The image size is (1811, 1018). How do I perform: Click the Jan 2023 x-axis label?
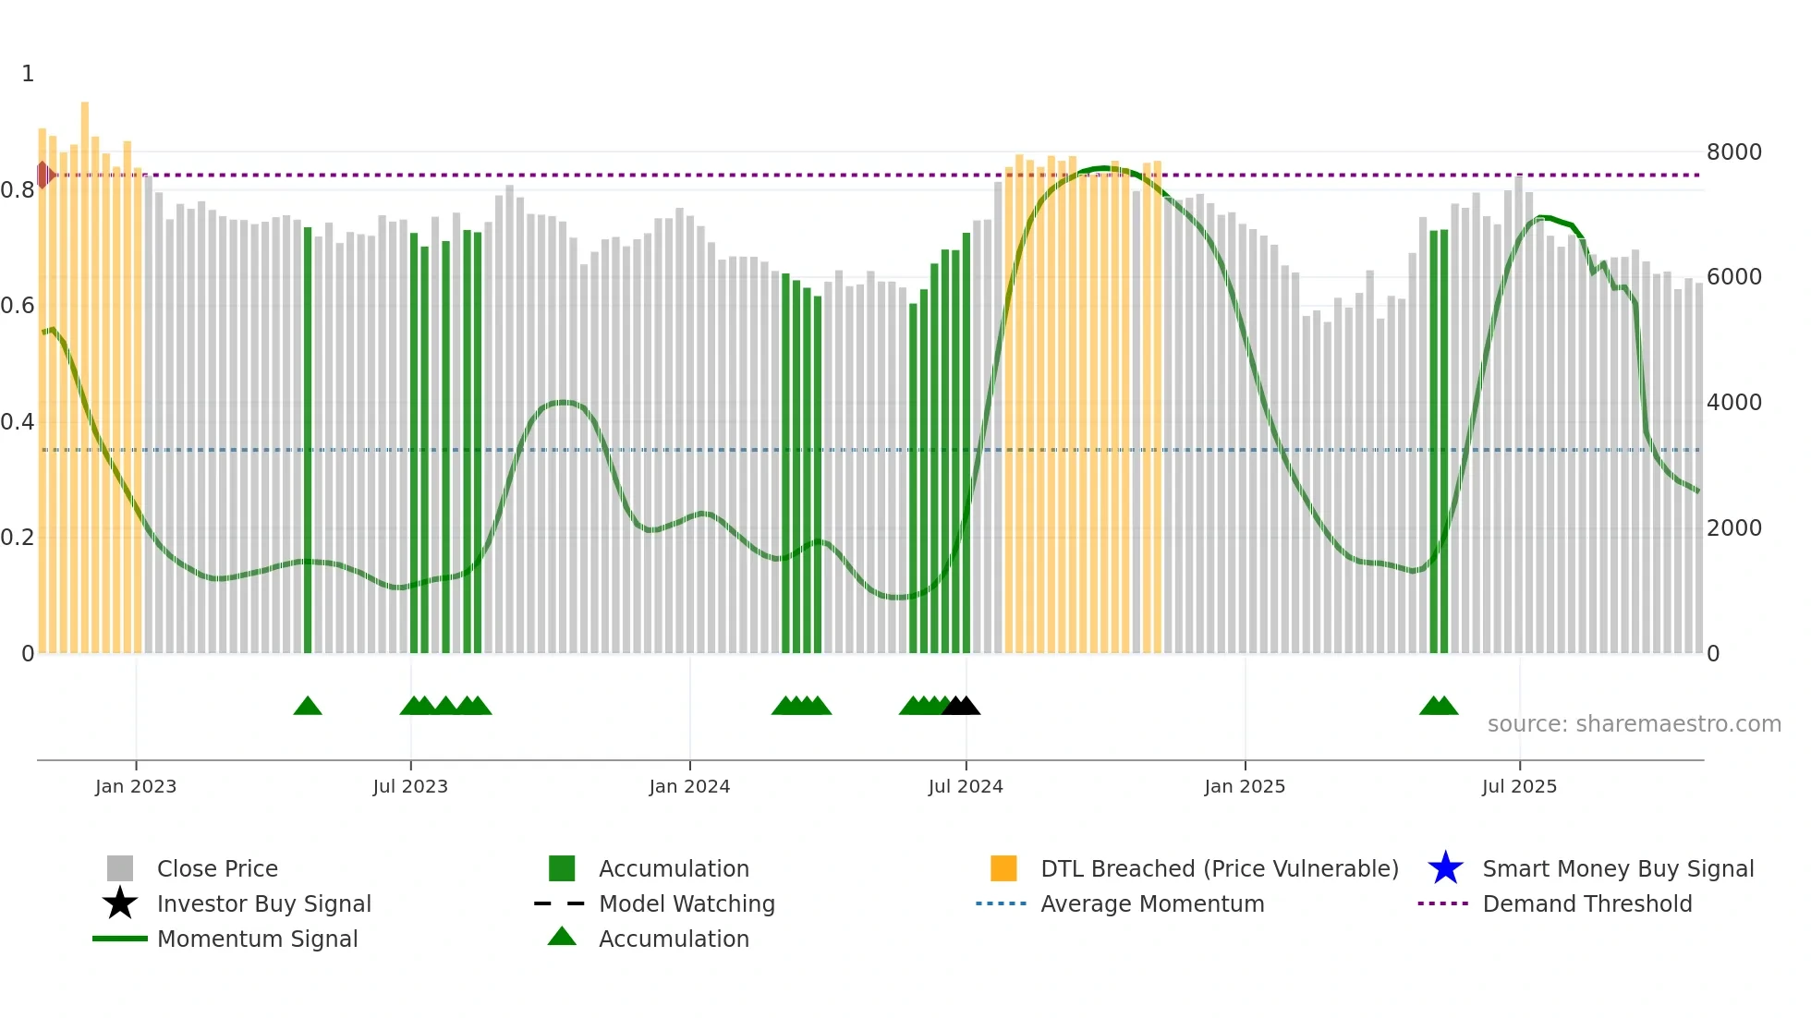pyautogui.click(x=136, y=786)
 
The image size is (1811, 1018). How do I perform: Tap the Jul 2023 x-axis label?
pyautogui.click(x=410, y=786)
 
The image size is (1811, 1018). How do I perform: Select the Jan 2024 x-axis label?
pyautogui.click(x=689, y=786)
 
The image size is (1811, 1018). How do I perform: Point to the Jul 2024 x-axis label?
pyautogui.click(x=966, y=786)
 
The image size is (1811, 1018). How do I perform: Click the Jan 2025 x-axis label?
pyautogui.click(x=1245, y=786)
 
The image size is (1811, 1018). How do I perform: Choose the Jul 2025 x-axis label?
pyautogui.click(x=1519, y=786)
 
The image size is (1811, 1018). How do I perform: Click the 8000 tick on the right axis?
pyautogui.click(x=1733, y=152)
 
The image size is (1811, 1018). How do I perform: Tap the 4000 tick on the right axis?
pyautogui.click(x=1733, y=403)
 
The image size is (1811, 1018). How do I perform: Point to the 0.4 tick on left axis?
pyautogui.click(x=18, y=422)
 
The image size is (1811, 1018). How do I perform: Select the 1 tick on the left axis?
pyautogui.click(x=28, y=74)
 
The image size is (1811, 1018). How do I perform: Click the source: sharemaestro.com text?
pyautogui.click(x=1634, y=724)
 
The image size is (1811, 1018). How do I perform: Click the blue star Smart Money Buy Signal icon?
pyautogui.click(x=1445, y=868)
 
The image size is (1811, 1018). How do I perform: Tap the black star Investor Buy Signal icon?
pyautogui.click(x=120, y=903)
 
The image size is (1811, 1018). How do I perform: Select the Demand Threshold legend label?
pyautogui.click(x=1586, y=903)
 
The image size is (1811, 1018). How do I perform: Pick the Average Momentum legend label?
pyautogui.click(x=1152, y=903)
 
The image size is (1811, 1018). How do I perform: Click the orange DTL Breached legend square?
pyautogui.click(x=1003, y=868)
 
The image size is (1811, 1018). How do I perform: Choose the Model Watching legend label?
pyautogui.click(x=687, y=903)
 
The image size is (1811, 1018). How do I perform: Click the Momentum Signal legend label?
pyautogui.click(x=257, y=939)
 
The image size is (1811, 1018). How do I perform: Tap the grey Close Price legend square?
pyautogui.click(x=120, y=868)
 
